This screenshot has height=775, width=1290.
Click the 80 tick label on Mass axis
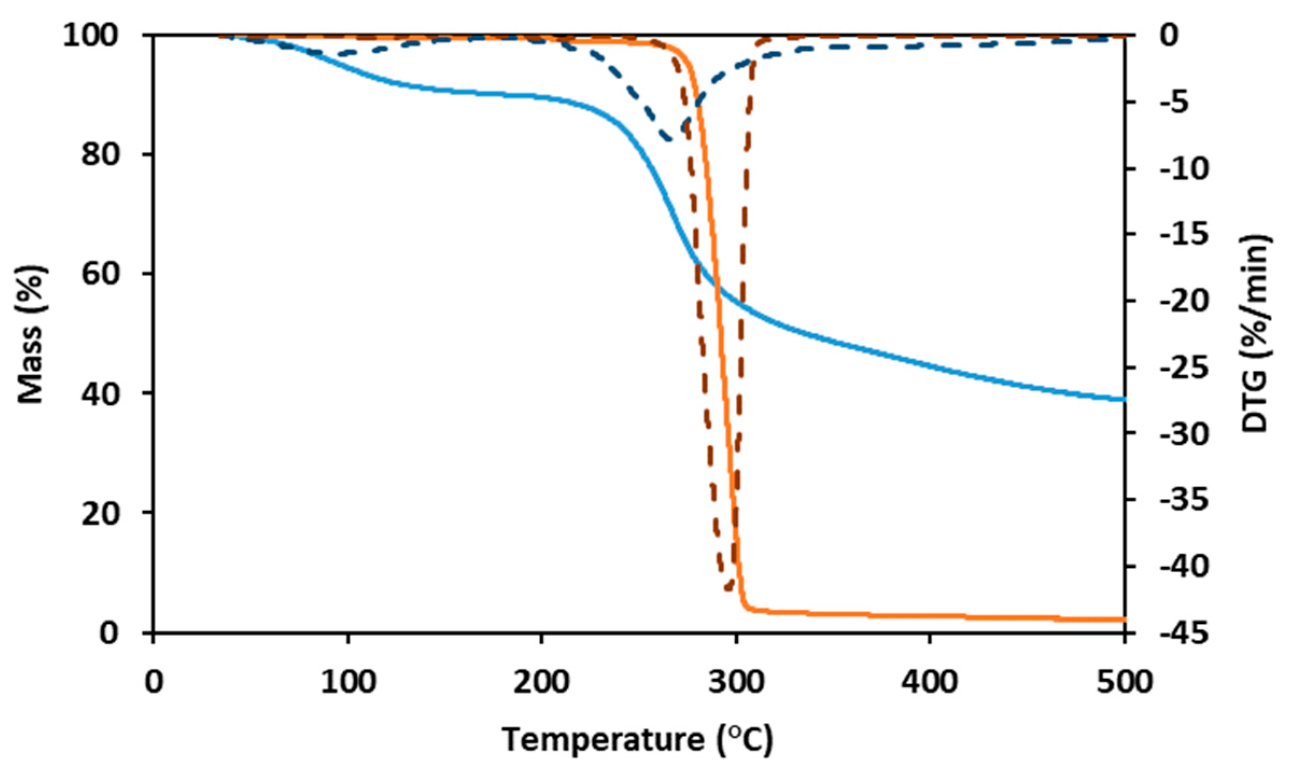click(x=100, y=155)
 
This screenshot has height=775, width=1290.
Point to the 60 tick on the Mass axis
click(x=100, y=274)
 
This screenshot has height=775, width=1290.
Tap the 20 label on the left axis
click(x=100, y=513)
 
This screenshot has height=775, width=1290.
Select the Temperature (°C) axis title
click(x=638, y=739)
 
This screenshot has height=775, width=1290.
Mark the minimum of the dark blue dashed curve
click(x=671, y=140)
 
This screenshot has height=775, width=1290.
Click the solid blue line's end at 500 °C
click(x=1123, y=399)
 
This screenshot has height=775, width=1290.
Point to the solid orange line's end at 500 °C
click(x=1123, y=619)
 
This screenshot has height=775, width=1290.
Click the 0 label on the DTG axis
click(x=1169, y=36)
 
